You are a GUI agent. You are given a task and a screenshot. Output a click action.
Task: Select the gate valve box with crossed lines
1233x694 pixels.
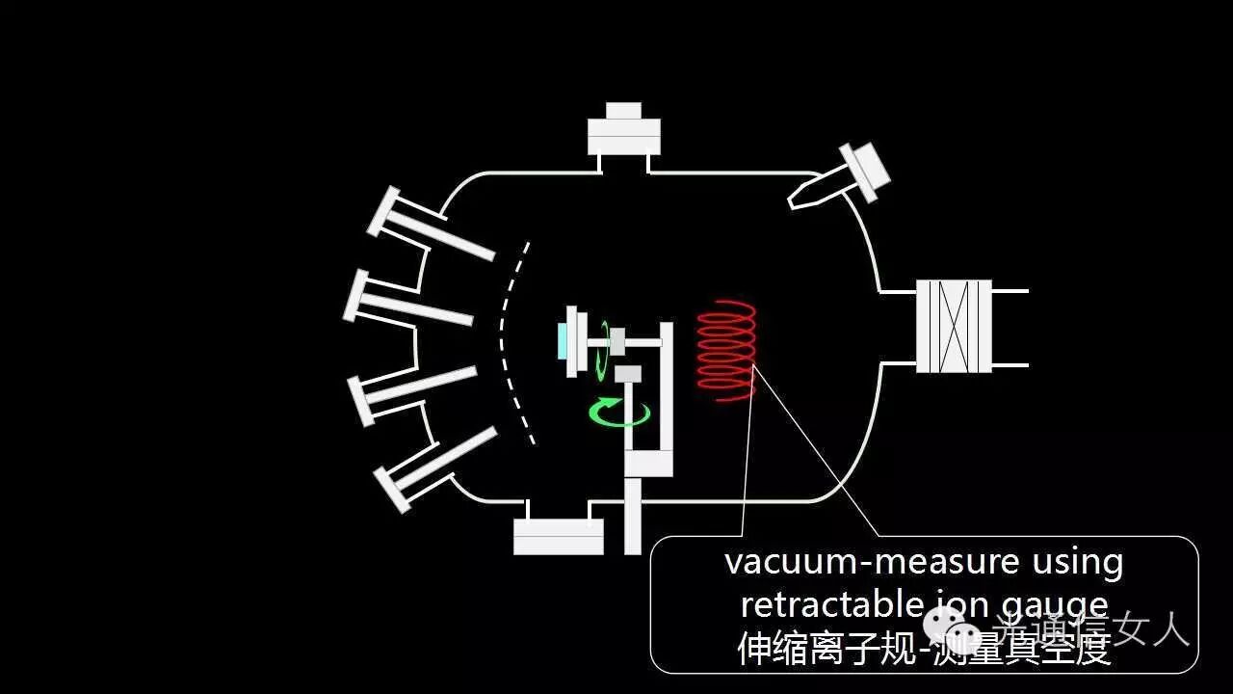pos(953,326)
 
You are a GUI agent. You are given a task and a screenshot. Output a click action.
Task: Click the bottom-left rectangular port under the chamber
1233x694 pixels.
pos(558,536)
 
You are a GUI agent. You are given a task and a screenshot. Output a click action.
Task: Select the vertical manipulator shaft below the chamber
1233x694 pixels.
pos(633,516)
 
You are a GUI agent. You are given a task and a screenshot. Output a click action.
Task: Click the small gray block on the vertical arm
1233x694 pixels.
pos(628,373)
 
